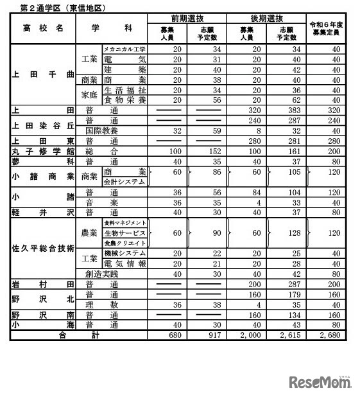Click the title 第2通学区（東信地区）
[x=58, y=8]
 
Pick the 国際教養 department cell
[x=104, y=130]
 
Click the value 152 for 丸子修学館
[x=211, y=151]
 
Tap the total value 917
[x=211, y=334]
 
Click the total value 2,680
[x=329, y=334]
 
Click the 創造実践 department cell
[x=104, y=273]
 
